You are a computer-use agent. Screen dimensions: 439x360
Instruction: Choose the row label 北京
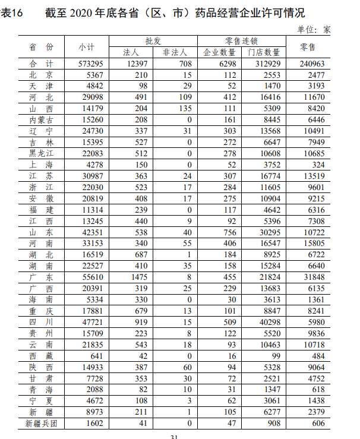click(41, 75)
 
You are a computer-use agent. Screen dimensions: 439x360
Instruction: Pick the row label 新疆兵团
click(41, 423)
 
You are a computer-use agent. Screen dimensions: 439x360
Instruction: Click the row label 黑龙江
click(41, 153)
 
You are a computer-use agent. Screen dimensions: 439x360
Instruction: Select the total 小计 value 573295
click(91, 64)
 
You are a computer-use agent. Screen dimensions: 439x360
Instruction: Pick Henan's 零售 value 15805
click(312, 244)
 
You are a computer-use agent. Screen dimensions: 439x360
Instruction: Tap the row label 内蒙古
click(41, 120)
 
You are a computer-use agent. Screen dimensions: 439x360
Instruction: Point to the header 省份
click(41, 46)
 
